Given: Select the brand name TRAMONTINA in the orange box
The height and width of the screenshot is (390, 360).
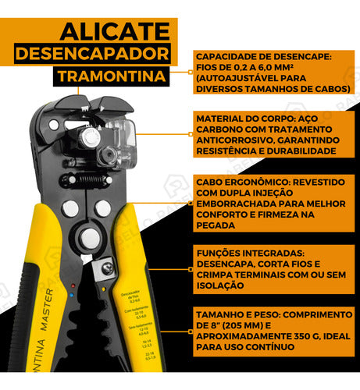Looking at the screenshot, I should (112, 77).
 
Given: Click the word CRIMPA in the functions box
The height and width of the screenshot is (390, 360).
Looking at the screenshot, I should (216, 275).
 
